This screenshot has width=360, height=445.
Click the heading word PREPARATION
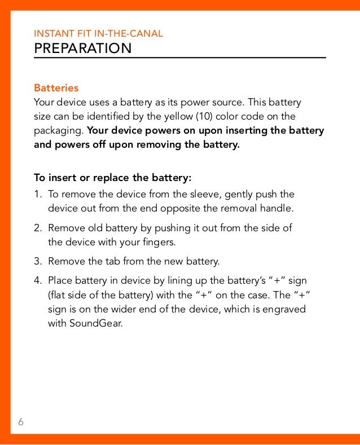(82, 49)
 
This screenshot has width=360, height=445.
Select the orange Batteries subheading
(56, 89)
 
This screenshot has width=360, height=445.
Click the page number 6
(21, 422)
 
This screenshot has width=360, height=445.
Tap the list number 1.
(37, 195)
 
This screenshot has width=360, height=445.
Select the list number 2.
(37, 228)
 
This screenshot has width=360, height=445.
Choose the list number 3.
(37, 262)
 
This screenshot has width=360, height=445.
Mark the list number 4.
(37, 280)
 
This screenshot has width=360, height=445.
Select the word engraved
(285, 310)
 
